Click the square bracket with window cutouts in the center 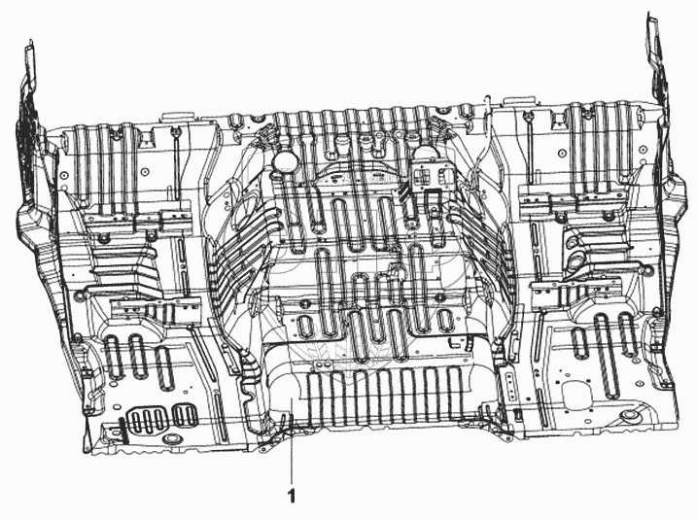[x=425, y=176]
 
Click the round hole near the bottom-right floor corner [x=634, y=418]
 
